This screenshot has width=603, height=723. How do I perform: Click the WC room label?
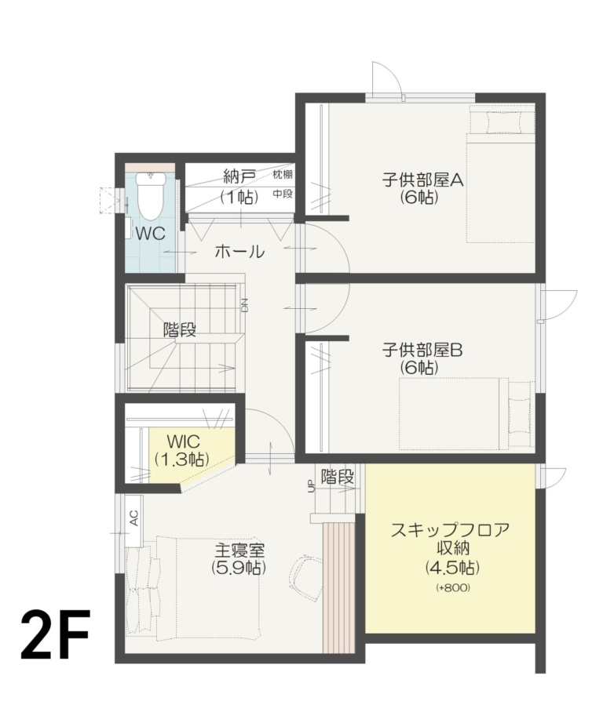point(149,233)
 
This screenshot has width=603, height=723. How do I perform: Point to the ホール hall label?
point(239,252)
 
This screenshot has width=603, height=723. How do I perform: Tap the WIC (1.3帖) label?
point(181,449)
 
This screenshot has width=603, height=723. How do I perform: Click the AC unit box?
point(133,517)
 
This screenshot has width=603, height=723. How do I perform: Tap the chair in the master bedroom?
point(306,576)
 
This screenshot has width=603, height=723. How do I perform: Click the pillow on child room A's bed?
point(502,123)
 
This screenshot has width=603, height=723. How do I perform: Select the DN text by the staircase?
point(244,304)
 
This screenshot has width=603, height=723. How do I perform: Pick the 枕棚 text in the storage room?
point(282,174)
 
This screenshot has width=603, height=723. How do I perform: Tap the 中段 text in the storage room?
point(282,193)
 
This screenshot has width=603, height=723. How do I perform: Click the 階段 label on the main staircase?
point(179,329)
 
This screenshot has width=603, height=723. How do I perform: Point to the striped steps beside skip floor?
point(338,584)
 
